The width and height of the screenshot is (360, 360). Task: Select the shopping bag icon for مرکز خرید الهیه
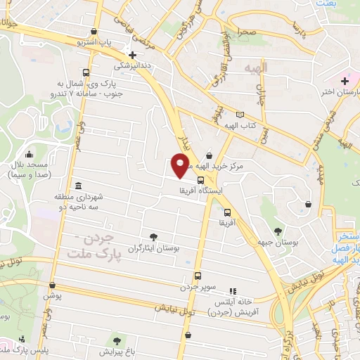[x=209, y=157]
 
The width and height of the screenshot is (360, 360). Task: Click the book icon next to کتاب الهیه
[x=240, y=115]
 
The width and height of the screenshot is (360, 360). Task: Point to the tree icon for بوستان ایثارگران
[x=154, y=237]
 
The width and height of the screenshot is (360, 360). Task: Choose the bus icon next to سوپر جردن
[x=198, y=276]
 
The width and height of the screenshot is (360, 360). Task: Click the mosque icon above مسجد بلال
[x=29, y=155]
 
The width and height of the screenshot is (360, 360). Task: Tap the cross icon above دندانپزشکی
[x=132, y=55]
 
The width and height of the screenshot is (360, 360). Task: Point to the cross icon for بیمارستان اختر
[x=345, y=81]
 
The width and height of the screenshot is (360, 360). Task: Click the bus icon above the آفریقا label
[x=226, y=212]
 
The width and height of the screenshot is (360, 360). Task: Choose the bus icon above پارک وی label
[x=86, y=72]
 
